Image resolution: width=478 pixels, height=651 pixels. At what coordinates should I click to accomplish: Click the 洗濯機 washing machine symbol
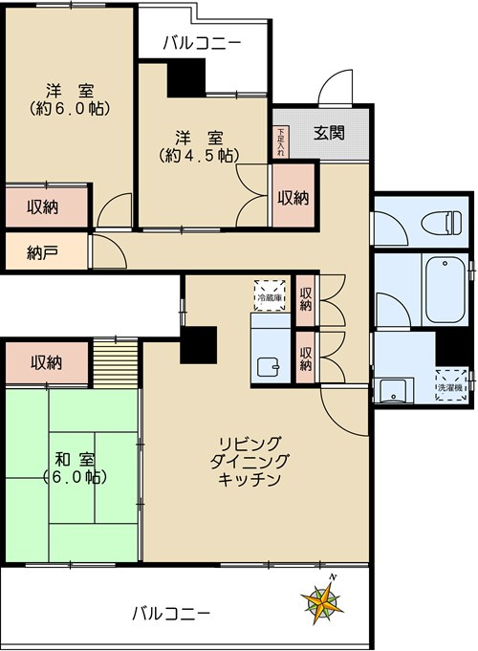point(449,383)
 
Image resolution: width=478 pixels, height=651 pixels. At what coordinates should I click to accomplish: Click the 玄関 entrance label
point(330,133)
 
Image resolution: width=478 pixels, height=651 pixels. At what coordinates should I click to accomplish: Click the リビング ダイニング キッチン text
point(250,462)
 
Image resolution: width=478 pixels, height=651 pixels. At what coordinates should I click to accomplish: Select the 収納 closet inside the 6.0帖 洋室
point(44,206)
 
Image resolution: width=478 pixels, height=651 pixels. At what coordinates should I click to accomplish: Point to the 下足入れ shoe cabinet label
point(280,142)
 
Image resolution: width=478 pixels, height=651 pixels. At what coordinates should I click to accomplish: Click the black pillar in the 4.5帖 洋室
point(187,77)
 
